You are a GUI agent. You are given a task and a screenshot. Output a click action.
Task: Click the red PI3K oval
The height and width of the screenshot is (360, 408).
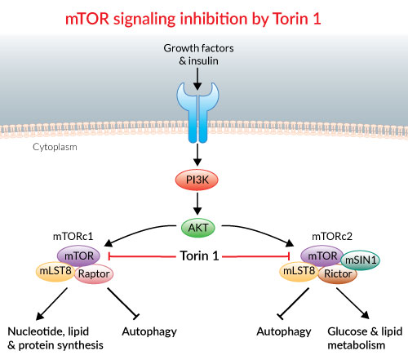coord(197,180)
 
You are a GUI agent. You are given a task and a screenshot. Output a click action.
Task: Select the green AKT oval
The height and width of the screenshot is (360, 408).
coord(198,228)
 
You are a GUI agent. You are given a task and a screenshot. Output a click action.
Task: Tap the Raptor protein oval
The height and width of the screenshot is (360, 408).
coord(94,273)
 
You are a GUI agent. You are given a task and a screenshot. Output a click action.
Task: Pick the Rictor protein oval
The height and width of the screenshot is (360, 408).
coord(338,273)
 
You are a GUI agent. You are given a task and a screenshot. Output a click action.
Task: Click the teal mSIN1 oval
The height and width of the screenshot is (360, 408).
coord(361,260)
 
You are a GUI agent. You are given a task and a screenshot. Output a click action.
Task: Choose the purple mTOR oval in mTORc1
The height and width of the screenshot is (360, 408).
coord(78,256)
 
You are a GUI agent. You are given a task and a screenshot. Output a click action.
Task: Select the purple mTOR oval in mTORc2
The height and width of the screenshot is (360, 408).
coord(322,256)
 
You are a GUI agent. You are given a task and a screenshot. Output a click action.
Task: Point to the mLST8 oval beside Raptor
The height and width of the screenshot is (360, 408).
coord(55,271)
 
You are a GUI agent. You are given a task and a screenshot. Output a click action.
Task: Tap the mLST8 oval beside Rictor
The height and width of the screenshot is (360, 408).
coord(299,271)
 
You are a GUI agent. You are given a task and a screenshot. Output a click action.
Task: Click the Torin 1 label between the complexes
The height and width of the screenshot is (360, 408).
coord(199,256)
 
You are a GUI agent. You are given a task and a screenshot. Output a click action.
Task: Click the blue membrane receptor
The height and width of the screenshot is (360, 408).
coord(197,113)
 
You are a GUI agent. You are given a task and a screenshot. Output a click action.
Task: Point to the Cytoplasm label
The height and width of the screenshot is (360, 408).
coord(55,147)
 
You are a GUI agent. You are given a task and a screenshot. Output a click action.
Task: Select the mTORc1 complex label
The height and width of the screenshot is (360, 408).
coord(73,236)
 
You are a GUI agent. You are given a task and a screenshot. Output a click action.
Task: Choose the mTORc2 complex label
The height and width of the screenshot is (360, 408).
coord(332,236)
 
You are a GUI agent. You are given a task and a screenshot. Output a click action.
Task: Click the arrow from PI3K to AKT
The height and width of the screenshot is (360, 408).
coord(197,204)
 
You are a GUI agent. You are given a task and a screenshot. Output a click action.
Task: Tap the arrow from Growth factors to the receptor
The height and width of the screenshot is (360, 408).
coord(197,79)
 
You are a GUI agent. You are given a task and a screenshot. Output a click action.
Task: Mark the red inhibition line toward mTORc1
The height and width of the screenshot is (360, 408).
coord(142,256)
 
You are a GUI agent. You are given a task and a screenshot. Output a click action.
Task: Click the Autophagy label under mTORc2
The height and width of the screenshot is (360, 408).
coord(284,331)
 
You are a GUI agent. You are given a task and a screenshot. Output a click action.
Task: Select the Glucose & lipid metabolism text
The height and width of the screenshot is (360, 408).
coord(365,338)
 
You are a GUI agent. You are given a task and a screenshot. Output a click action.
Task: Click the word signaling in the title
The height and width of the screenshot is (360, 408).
coord(144,20)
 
